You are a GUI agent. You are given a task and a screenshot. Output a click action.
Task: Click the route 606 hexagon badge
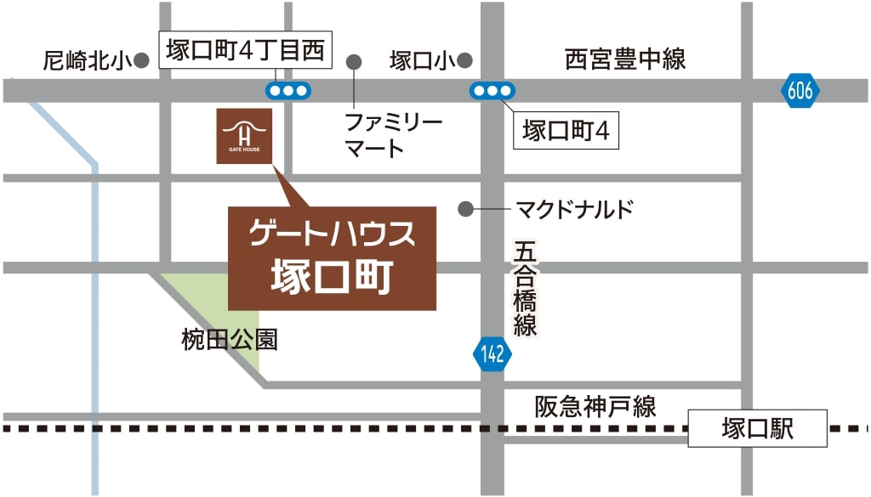[800, 91]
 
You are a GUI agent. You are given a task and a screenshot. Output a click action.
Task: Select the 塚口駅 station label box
[757, 428]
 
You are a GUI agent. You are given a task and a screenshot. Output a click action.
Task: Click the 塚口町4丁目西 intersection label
[246, 51]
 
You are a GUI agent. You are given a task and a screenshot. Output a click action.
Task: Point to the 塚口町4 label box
[566, 132]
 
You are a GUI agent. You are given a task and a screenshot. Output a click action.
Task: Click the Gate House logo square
[244, 136]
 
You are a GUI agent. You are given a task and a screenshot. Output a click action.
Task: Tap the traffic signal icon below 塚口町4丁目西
[287, 90]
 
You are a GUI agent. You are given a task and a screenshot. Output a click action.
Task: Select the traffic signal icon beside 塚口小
[492, 90]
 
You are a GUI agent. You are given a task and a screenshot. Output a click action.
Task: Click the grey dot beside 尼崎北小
[142, 60]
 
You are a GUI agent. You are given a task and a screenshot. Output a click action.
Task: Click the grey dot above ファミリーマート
[354, 61]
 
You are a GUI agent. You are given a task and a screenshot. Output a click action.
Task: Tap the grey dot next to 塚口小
[464, 60]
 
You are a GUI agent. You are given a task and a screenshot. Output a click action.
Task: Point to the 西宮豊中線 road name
[625, 59]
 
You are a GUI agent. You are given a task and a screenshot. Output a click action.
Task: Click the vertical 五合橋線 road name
[525, 289]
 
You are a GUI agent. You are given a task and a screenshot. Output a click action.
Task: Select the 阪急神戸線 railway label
[595, 406]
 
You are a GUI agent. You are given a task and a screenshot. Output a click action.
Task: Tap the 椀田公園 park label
[230, 341]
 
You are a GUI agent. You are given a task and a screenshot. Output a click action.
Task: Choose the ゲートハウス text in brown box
[332, 234]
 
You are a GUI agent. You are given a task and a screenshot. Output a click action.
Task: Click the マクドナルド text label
[575, 209]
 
